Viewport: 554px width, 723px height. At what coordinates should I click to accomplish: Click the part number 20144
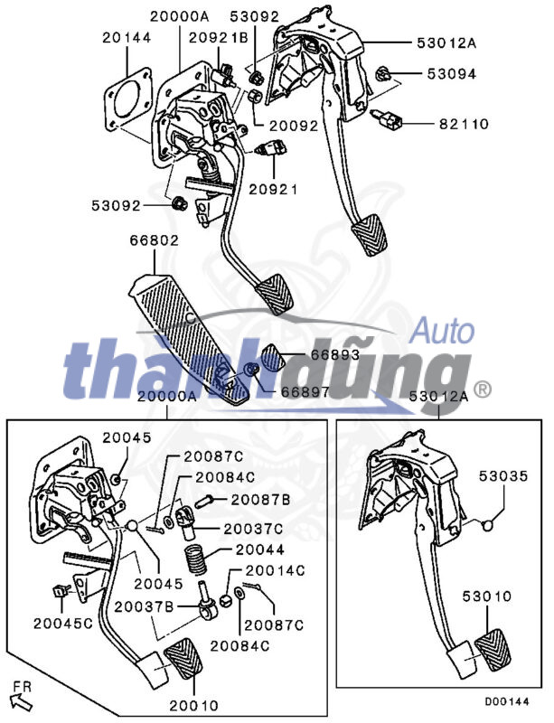[x=127, y=37]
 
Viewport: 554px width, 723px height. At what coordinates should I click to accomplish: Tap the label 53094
[x=451, y=74]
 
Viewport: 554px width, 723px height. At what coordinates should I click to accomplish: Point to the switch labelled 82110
[x=388, y=120]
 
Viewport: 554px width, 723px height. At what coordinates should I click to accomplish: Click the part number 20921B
[x=218, y=37]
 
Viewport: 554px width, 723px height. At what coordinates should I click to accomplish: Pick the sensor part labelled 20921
[x=271, y=148]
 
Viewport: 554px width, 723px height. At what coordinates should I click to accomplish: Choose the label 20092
[x=294, y=126]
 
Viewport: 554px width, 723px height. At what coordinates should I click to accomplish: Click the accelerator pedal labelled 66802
[x=190, y=341]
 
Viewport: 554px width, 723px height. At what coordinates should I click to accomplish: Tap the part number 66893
[x=335, y=354]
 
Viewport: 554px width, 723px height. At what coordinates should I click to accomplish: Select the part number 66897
[x=305, y=392]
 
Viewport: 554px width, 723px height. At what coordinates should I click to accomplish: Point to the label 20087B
[x=260, y=500]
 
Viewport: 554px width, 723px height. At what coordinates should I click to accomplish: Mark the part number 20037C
[x=253, y=529]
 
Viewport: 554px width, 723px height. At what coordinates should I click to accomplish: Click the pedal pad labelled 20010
[x=183, y=660]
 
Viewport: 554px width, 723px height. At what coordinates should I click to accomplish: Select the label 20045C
[x=63, y=624]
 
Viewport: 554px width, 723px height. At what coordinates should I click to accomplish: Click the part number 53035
[x=503, y=475]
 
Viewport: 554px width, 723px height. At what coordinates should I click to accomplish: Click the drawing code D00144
[x=507, y=702]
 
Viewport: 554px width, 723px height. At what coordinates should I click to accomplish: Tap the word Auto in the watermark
[x=442, y=331]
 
